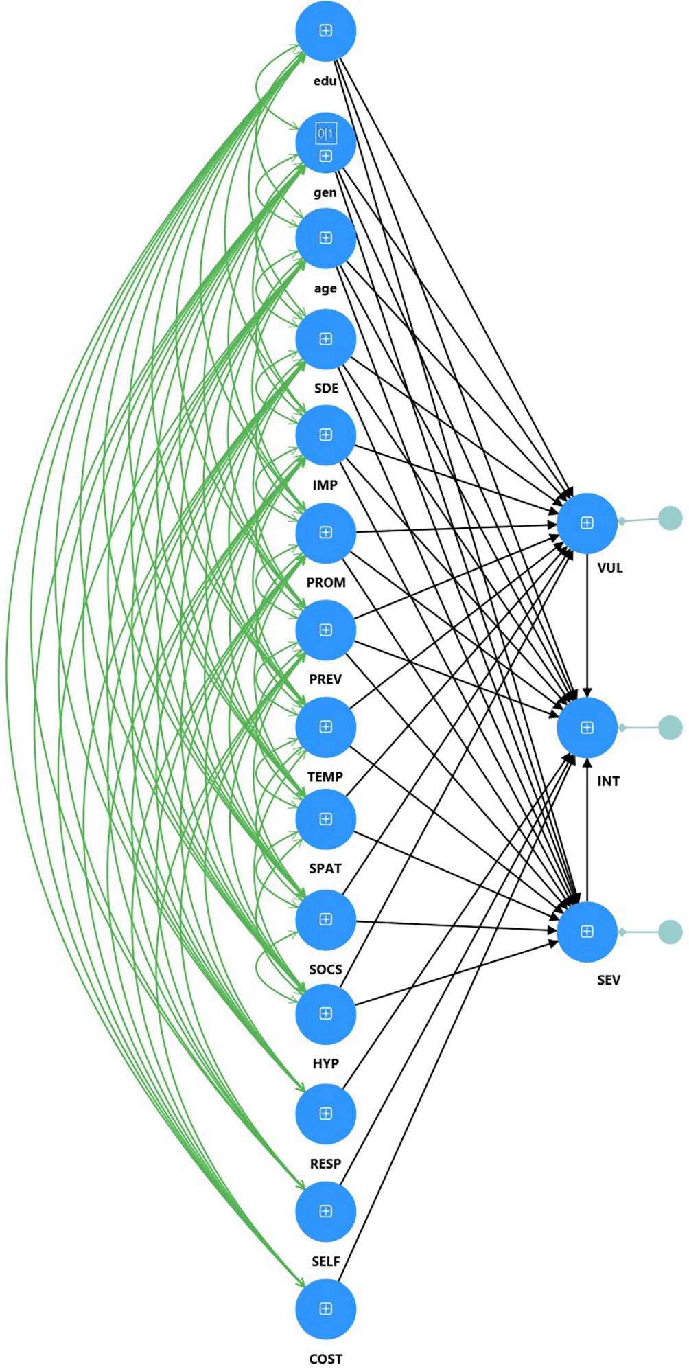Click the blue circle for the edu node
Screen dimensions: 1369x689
[325, 32]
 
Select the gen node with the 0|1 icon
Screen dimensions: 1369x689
[325, 143]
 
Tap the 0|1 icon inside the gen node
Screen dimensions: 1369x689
[325, 133]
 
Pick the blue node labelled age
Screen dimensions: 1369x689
[325, 238]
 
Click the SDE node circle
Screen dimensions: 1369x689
[325, 339]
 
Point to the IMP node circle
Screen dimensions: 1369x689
[325, 435]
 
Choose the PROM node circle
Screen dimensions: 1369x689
[325, 533]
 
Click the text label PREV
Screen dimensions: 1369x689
[325, 679]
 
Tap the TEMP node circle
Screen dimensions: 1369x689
[325, 727]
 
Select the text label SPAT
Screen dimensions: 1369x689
[325, 868]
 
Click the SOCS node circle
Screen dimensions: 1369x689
[325, 920]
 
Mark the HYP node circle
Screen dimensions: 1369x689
[325, 1014]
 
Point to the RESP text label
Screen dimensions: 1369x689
[325, 1164]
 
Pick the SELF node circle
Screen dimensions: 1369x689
[325, 1212]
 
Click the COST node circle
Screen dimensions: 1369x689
[325, 1309]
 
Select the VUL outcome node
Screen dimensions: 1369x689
[587, 523]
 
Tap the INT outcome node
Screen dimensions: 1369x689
[587, 728]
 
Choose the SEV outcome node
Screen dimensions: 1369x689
[587, 932]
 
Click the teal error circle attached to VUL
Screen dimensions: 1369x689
[670, 518]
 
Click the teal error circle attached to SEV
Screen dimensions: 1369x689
[670, 932]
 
